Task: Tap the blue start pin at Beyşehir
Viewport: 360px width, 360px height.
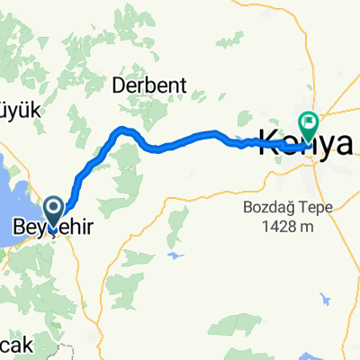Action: (x=54, y=212)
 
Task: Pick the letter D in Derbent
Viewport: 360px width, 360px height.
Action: (x=117, y=85)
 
